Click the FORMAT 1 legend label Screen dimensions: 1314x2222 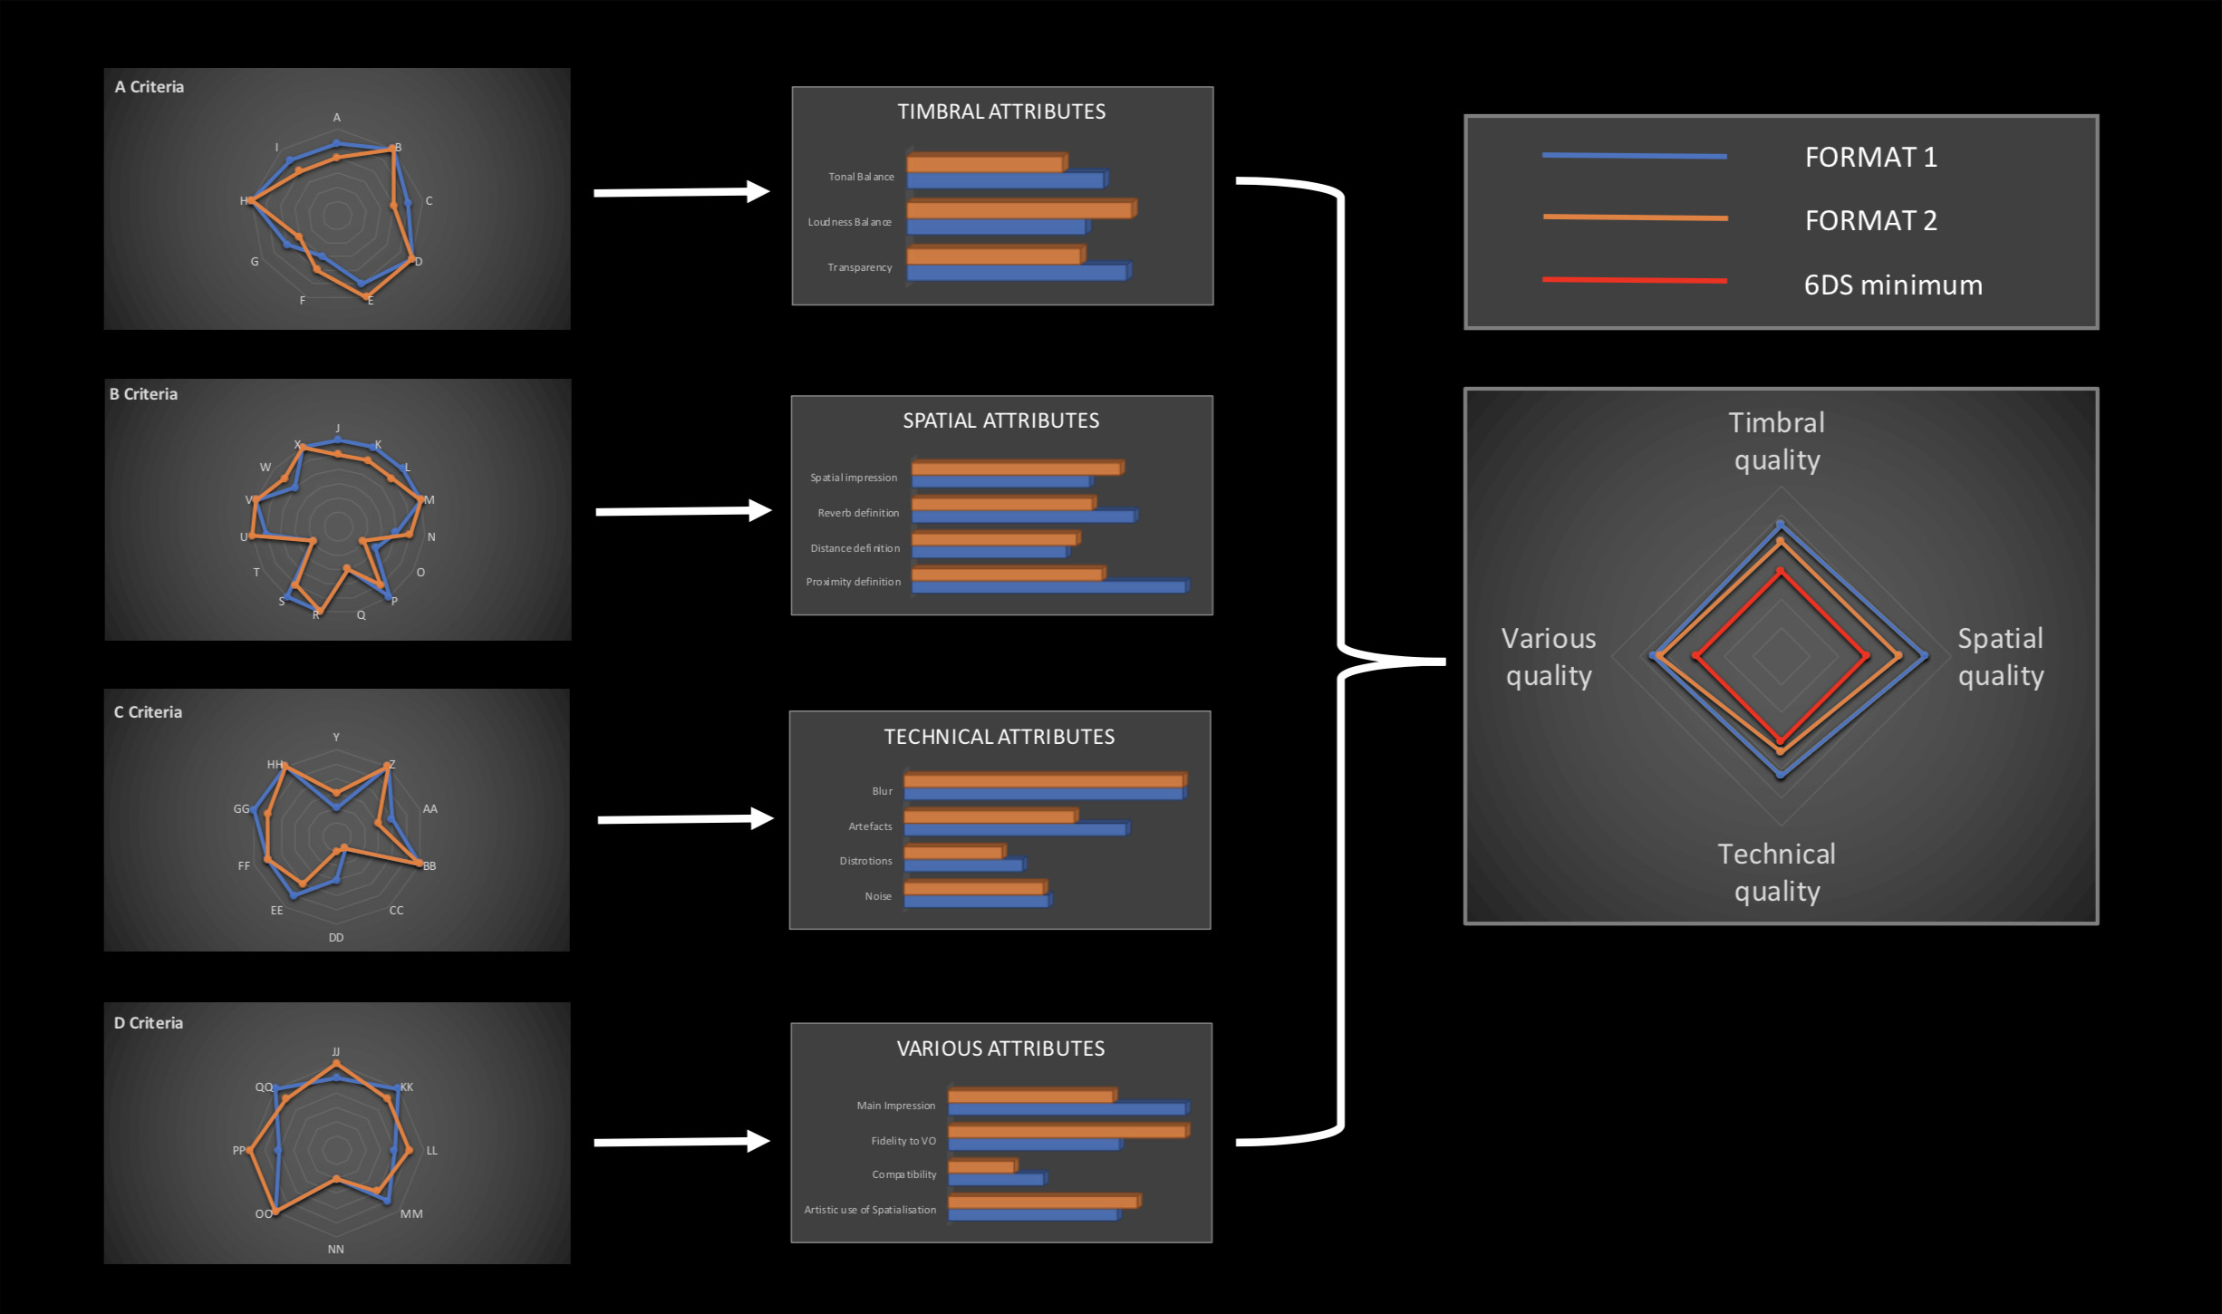click(x=1870, y=158)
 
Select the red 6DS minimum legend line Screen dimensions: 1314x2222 click(x=1634, y=280)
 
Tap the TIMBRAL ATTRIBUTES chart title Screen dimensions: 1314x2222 click(x=1001, y=111)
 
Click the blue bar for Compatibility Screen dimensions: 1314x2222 click(x=995, y=1180)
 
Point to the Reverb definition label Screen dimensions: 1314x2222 click(x=858, y=513)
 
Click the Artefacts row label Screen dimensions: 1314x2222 click(x=870, y=826)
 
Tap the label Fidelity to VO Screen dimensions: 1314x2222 click(x=903, y=1141)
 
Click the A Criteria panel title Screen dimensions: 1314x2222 click(x=150, y=87)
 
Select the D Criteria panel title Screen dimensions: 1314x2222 click(x=149, y=1023)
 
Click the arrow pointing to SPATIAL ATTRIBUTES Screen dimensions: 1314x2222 click(x=682, y=511)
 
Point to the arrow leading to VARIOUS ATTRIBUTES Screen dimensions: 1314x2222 click(x=681, y=1142)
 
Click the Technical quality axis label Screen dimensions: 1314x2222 click(x=1776, y=873)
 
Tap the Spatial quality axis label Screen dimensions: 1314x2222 click(x=2000, y=657)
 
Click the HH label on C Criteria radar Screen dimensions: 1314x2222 click(x=275, y=765)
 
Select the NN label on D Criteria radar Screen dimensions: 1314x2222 click(x=335, y=1250)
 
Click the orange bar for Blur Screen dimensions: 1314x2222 click(x=1043, y=781)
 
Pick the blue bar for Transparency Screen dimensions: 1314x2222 click(x=1016, y=273)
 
